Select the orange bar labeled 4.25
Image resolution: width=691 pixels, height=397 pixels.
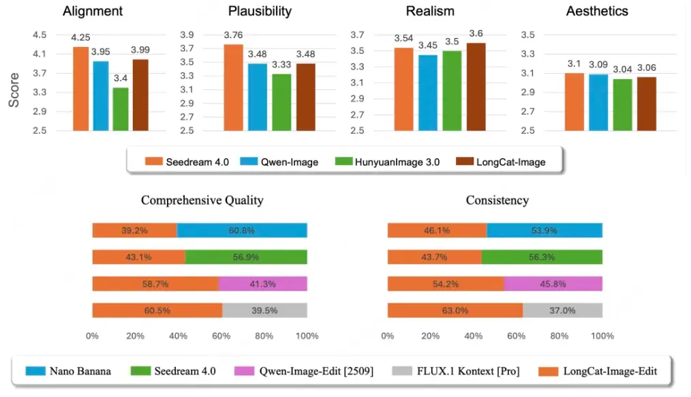point(80,89)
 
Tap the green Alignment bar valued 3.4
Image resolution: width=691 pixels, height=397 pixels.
point(120,109)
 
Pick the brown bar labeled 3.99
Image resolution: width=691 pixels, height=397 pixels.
point(140,95)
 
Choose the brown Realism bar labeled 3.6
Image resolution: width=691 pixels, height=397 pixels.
point(476,87)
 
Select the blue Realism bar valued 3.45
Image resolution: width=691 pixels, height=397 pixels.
point(428,93)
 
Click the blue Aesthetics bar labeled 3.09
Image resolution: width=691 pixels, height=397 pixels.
point(599,102)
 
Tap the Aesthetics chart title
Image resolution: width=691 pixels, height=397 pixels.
point(597,12)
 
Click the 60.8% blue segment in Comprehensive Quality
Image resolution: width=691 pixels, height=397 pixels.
point(242,231)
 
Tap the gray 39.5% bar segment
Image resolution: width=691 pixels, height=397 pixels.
point(264,310)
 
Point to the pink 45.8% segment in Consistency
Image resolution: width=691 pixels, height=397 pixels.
point(553,284)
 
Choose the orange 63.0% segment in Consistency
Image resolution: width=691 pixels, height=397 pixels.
point(455,310)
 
